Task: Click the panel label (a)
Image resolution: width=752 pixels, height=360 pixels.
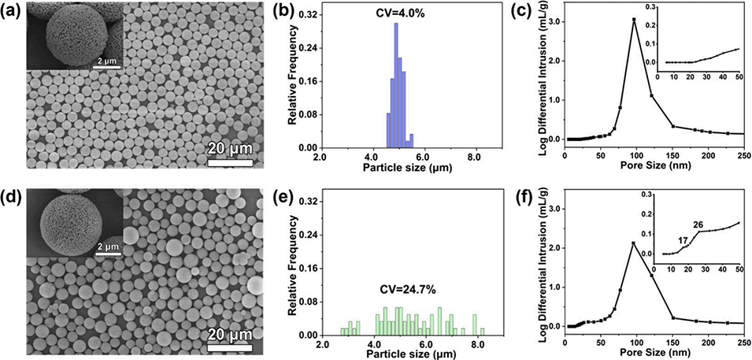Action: click(x=13, y=9)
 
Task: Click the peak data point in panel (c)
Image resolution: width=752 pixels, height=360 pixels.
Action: click(x=634, y=20)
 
